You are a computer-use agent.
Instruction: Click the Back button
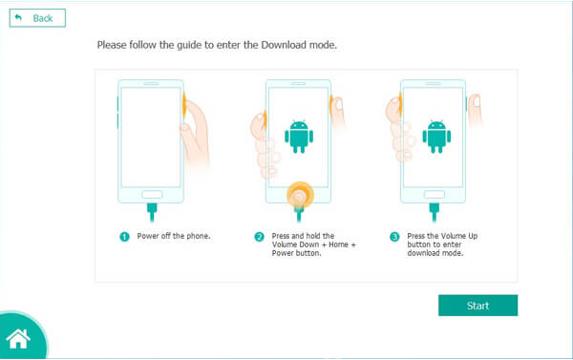point(37,18)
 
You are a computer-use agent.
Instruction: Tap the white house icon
point(18,339)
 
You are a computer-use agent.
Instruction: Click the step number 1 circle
point(124,237)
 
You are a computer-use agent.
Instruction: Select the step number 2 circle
point(259,237)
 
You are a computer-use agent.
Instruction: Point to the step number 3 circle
point(394,237)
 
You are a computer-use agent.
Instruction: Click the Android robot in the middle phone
point(299,137)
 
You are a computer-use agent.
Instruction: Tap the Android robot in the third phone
point(436,137)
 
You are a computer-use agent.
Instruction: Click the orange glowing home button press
point(300,196)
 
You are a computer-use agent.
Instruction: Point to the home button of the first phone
point(152,194)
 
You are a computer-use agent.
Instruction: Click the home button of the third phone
point(435,194)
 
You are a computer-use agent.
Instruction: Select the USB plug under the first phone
point(152,212)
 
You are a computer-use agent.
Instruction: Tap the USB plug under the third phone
point(435,212)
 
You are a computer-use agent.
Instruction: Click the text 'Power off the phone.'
point(174,236)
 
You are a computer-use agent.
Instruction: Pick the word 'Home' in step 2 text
point(338,244)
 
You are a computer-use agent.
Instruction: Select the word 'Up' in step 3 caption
point(473,236)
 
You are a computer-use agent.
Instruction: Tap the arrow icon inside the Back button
point(18,17)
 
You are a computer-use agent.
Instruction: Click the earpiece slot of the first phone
point(151,84)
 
